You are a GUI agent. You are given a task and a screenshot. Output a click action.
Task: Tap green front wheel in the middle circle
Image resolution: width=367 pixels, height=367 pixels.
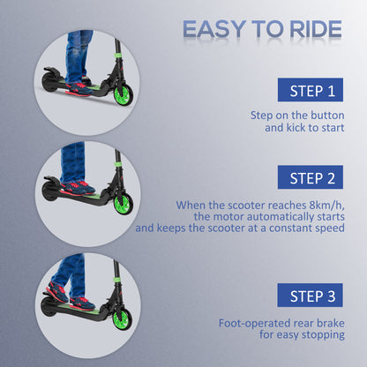(122, 202)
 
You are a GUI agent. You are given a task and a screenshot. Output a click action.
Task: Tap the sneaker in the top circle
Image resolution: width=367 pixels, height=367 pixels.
(78, 86)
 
